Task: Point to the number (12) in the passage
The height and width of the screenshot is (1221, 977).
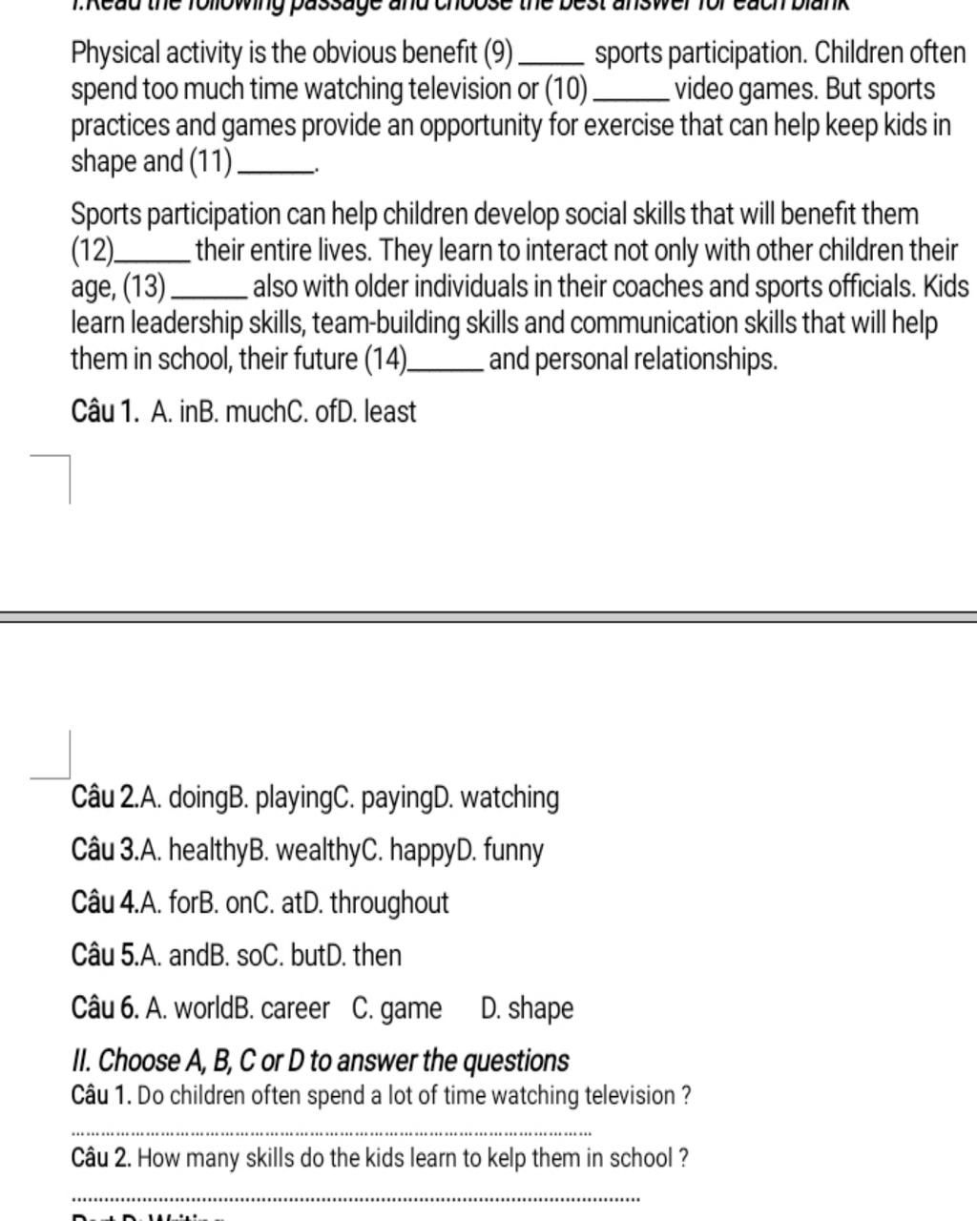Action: (93, 251)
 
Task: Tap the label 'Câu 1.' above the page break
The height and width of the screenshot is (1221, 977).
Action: (105, 412)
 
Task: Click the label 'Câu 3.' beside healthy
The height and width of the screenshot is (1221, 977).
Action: (104, 850)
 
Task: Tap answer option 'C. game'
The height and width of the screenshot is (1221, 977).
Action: (397, 1008)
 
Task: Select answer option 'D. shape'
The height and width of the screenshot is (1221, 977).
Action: (528, 1008)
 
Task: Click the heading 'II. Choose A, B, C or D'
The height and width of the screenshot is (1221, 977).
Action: (321, 1061)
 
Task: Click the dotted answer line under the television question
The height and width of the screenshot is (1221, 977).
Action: (332, 1133)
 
